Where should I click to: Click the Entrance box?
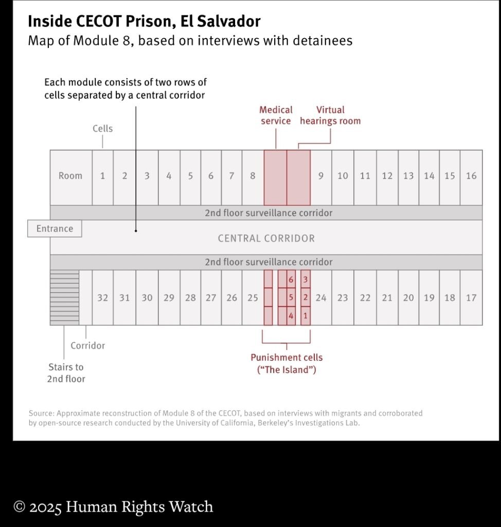click(x=55, y=229)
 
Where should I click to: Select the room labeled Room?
click(x=70, y=176)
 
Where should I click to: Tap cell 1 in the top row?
click(x=102, y=176)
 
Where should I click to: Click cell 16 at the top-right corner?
click(x=471, y=176)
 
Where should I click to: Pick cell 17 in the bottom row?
click(x=471, y=297)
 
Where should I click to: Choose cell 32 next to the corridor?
click(x=103, y=297)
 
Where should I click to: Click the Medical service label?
click(x=276, y=115)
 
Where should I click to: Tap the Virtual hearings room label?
click(x=330, y=115)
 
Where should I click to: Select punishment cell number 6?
click(x=291, y=279)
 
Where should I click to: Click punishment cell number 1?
click(x=306, y=315)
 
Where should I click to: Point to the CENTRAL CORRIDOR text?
click(x=266, y=238)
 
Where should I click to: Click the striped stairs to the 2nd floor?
click(x=64, y=297)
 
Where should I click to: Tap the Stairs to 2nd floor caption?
click(x=66, y=373)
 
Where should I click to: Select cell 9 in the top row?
click(x=321, y=176)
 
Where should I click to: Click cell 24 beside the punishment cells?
click(x=321, y=297)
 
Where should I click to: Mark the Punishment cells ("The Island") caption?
click(x=287, y=363)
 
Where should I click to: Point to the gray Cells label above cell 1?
click(x=102, y=128)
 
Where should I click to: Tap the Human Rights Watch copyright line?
click(x=113, y=506)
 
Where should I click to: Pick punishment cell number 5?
click(x=291, y=297)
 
